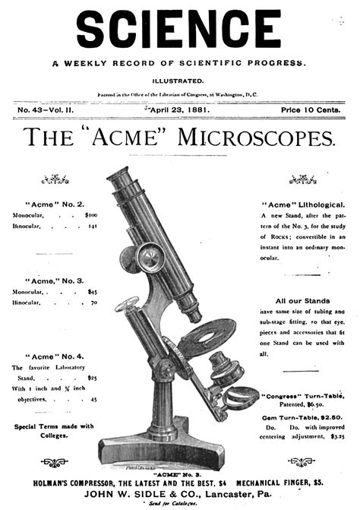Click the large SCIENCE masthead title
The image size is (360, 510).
(179, 30)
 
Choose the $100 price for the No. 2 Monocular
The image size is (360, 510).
(91, 215)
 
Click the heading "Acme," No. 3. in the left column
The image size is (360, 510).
(55, 280)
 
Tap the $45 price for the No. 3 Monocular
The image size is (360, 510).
(93, 291)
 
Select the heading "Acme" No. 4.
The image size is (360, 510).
(54, 356)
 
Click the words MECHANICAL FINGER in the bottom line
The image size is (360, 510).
(274, 481)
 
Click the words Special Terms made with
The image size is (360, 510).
(54, 426)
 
